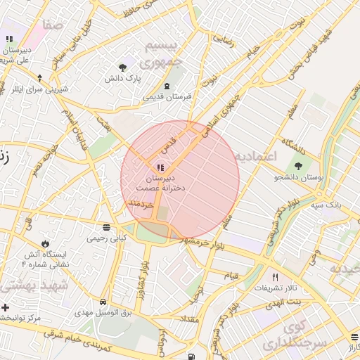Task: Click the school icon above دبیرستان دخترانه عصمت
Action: point(160,167)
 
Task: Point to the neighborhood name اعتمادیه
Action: point(256,155)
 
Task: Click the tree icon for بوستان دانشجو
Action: point(299,167)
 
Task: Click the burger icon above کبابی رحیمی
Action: point(106,227)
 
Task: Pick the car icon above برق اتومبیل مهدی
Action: point(103,302)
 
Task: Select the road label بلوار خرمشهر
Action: point(204,242)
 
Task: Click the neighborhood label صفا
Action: point(52,25)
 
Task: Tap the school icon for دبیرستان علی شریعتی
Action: point(9,39)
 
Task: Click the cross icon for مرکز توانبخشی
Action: point(6,307)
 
